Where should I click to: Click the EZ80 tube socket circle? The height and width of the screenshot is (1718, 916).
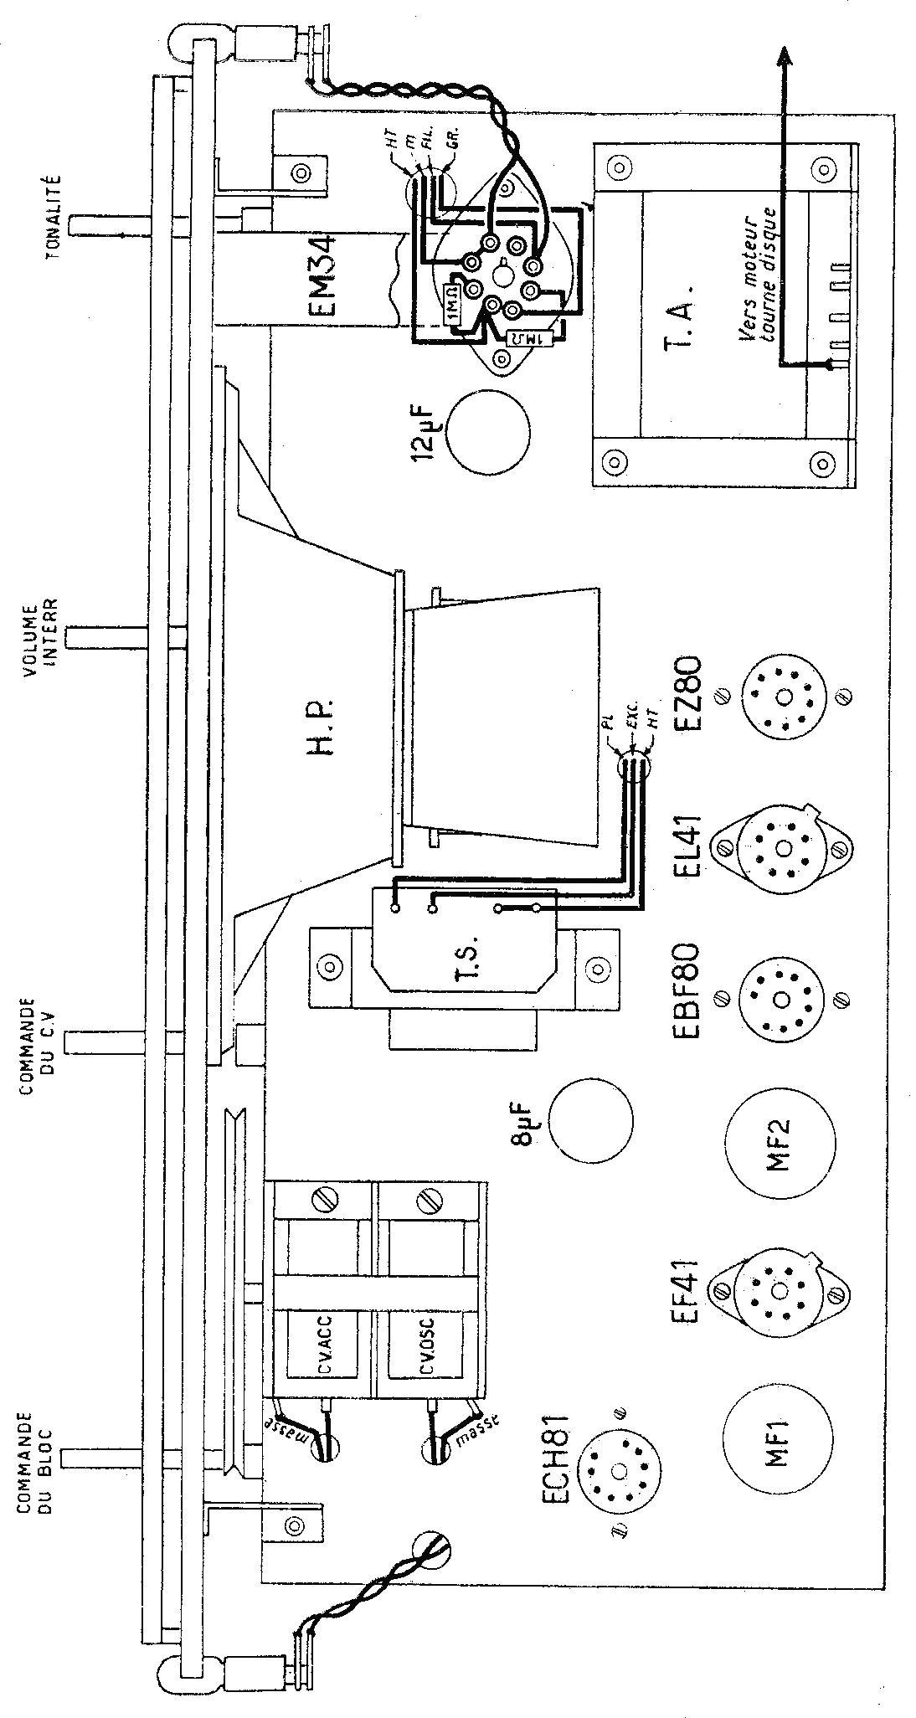tap(784, 697)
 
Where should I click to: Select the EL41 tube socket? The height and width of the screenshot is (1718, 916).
tap(784, 848)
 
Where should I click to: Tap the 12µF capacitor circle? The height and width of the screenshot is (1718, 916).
tap(489, 430)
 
